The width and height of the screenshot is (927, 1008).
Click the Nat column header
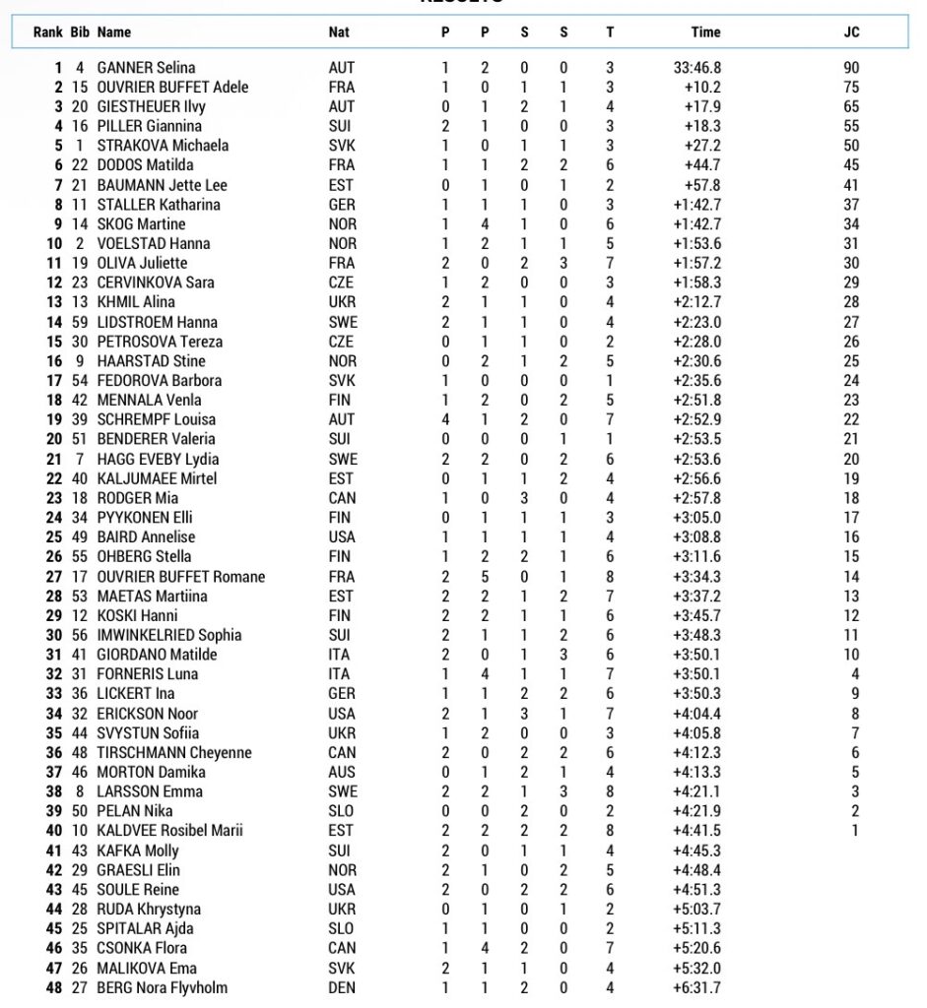pyautogui.click(x=339, y=31)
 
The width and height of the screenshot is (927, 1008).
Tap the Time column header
pyautogui.click(x=705, y=31)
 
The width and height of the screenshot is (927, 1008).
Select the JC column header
pyautogui.click(x=851, y=31)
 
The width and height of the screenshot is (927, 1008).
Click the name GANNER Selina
pyautogui.click(x=146, y=68)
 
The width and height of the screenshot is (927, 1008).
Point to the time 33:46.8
pyautogui.click(x=697, y=68)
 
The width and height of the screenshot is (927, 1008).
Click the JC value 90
pyautogui.click(x=851, y=68)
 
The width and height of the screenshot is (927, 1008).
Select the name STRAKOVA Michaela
pyautogui.click(x=163, y=146)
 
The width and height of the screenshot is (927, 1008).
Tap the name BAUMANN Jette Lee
pyautogui.click(x=162, y=185)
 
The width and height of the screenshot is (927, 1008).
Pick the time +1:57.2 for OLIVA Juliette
pyautogui.click(x=697, y=263)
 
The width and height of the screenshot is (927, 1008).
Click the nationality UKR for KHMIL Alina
pyautogui.click(x=342, y=302)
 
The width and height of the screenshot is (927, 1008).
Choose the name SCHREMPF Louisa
pyautogui.click(x=156, y=419)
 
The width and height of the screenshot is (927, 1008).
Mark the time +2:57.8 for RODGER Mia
pyautogui.click(x=697, y=498)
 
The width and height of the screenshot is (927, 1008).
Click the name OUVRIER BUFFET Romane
pyautogui.click(x=181, y=577)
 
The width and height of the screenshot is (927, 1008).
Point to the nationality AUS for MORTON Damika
pyautogui.click(x=342, y=773)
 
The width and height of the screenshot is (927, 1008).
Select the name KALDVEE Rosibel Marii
pyautogui.click(x=170, y=831)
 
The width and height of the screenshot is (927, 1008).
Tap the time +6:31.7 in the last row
pyautogui.click(x=697, y=987)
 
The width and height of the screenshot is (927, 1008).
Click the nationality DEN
pyautogui.click(x=342, y=987)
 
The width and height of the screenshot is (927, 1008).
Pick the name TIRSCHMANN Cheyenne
pyautogui.click(x=174, y=753)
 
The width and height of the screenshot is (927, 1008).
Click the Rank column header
pyautogui.click(x=48, y=31)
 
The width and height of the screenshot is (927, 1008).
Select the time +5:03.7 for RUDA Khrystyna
pyautogui.click(x=697, y=910)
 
